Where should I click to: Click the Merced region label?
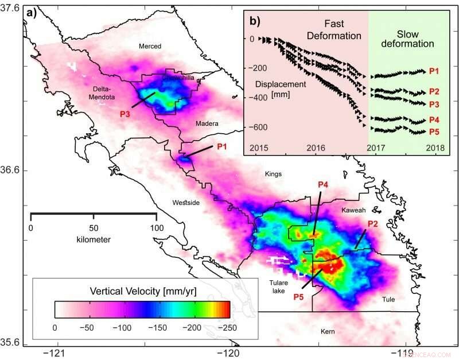(151, 47)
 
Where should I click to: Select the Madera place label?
(207, 123)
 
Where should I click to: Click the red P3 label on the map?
(126, 114)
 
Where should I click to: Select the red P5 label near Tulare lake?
(298, 297)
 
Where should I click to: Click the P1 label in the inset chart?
(434, 71)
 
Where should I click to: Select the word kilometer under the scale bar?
(93, 238)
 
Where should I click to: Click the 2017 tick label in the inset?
(377, 148)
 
